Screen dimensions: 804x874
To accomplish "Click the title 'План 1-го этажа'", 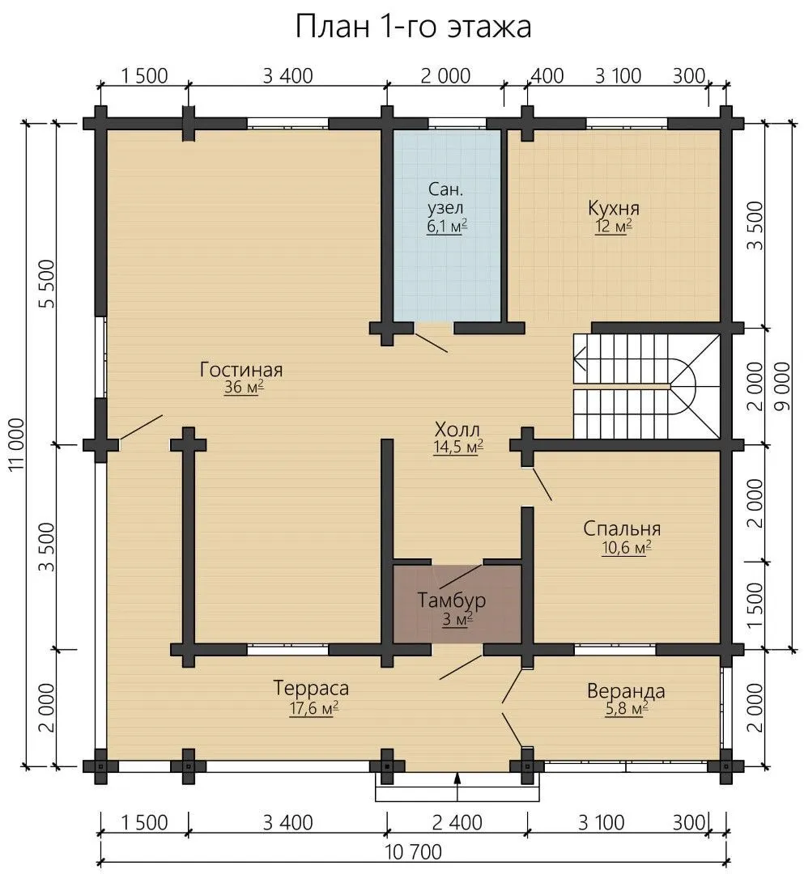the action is coord(413,26).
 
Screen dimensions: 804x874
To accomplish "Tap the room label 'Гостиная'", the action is coord(241,370).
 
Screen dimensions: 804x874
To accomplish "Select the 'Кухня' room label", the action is coord(613,209).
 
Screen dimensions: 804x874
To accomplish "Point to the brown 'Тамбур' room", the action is coord(457,605).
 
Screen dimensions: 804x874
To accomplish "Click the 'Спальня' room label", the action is coord(623,528).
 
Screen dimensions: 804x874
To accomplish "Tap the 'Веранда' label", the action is coord(626,691).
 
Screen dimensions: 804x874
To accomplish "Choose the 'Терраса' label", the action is coord(311,689).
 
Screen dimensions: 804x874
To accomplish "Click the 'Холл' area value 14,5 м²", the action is coord(458,448).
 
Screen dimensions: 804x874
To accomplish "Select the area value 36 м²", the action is coord(244,388).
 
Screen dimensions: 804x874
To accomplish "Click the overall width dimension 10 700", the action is coord(413,852).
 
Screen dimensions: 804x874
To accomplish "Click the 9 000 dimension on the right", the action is coord(783,386).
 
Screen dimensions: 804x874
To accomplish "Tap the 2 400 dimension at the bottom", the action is coord(457,823).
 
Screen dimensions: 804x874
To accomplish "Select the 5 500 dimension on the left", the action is coord(48,284).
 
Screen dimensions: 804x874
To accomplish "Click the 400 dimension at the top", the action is coord(547,76).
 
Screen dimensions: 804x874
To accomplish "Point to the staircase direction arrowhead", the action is coord(579,358).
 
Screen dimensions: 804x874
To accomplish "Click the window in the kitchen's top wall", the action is coord(627,124).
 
